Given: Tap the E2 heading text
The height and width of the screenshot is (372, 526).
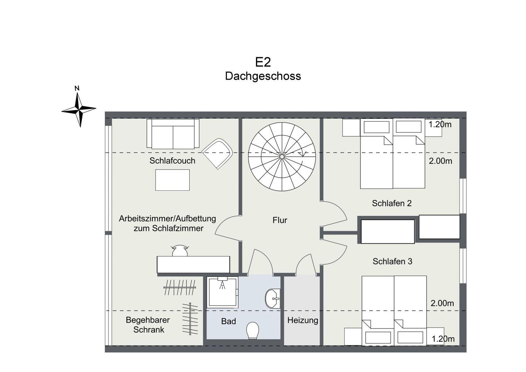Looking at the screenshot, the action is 263,62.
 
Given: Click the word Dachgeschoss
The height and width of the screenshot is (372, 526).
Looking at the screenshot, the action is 263,76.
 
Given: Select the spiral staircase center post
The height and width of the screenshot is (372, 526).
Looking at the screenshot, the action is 282,157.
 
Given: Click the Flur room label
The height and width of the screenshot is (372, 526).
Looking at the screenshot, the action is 280,220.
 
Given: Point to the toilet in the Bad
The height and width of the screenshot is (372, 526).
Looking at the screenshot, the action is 253,330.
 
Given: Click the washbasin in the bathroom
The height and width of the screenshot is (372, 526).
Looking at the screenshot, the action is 272,299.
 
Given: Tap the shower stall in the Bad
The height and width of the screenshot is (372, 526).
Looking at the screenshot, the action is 222,292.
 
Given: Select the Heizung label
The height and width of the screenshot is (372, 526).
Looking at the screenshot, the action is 303,320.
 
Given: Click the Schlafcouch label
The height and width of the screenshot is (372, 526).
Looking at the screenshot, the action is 172,161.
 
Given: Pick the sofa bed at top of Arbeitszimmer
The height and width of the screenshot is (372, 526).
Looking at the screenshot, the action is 173,134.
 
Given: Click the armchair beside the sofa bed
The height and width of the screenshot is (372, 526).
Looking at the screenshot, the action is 217,153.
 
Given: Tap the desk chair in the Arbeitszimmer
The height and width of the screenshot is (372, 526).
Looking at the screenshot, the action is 180,251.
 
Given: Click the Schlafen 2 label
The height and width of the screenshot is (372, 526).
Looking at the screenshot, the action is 392,203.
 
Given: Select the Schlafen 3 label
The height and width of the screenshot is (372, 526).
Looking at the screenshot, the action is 392,261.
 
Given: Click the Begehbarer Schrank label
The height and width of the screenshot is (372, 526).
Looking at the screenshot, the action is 148,324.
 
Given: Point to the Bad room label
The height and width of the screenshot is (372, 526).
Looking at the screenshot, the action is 229,321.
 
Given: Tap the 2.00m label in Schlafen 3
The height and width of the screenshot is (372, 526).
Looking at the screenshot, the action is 442,303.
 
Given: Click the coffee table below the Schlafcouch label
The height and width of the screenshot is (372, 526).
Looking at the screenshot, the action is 172,180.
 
